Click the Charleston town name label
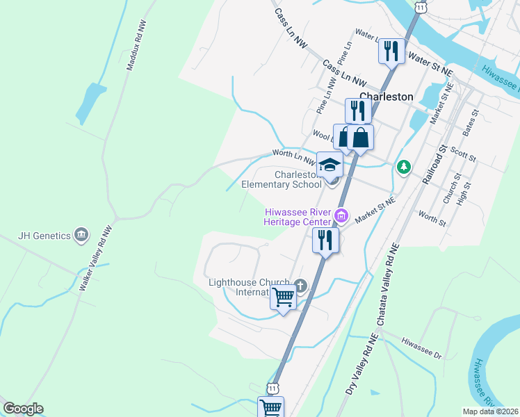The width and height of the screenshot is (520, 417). (386, 97)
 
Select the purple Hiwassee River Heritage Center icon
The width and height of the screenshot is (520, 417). (341, 215)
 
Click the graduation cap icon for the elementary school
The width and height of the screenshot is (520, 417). (330, 165)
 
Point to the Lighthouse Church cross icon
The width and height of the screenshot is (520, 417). (300, 285)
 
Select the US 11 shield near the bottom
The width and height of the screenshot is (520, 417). (273, 387)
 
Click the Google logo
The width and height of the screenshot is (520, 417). (23, 409)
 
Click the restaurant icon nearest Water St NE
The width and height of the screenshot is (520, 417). (391, 51)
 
